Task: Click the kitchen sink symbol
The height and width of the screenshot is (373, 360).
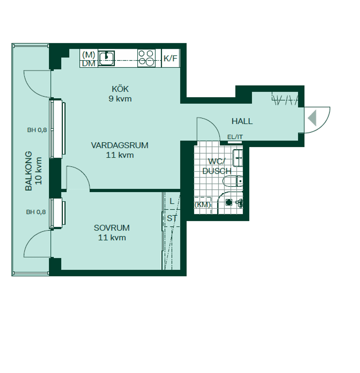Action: [106, 57]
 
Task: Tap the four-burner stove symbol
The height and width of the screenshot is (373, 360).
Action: [146, 58]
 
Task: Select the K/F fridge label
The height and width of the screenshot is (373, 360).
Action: [170, 58]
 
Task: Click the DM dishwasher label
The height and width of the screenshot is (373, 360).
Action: [89, 63]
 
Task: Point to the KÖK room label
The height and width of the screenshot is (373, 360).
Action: [120, 89]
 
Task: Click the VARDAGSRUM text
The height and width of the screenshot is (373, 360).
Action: [120, 145]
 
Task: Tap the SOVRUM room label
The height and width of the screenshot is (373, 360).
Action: [112, 228]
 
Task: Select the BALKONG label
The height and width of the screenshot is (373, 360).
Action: [29, 171]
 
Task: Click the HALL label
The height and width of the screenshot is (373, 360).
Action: [242, 121]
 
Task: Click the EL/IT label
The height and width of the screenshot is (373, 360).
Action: [235, 137]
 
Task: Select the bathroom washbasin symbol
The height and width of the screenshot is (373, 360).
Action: [238, 158]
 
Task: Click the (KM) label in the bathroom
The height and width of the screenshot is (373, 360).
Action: [202, 205]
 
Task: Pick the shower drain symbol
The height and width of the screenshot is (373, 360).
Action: [228, 202]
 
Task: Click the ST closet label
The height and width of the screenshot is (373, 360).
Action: [172, 218]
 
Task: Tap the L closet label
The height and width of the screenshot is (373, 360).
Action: [172, 201]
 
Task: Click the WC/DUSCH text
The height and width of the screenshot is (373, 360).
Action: [216, 166]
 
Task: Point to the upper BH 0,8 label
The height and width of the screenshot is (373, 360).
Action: [37, 130]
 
